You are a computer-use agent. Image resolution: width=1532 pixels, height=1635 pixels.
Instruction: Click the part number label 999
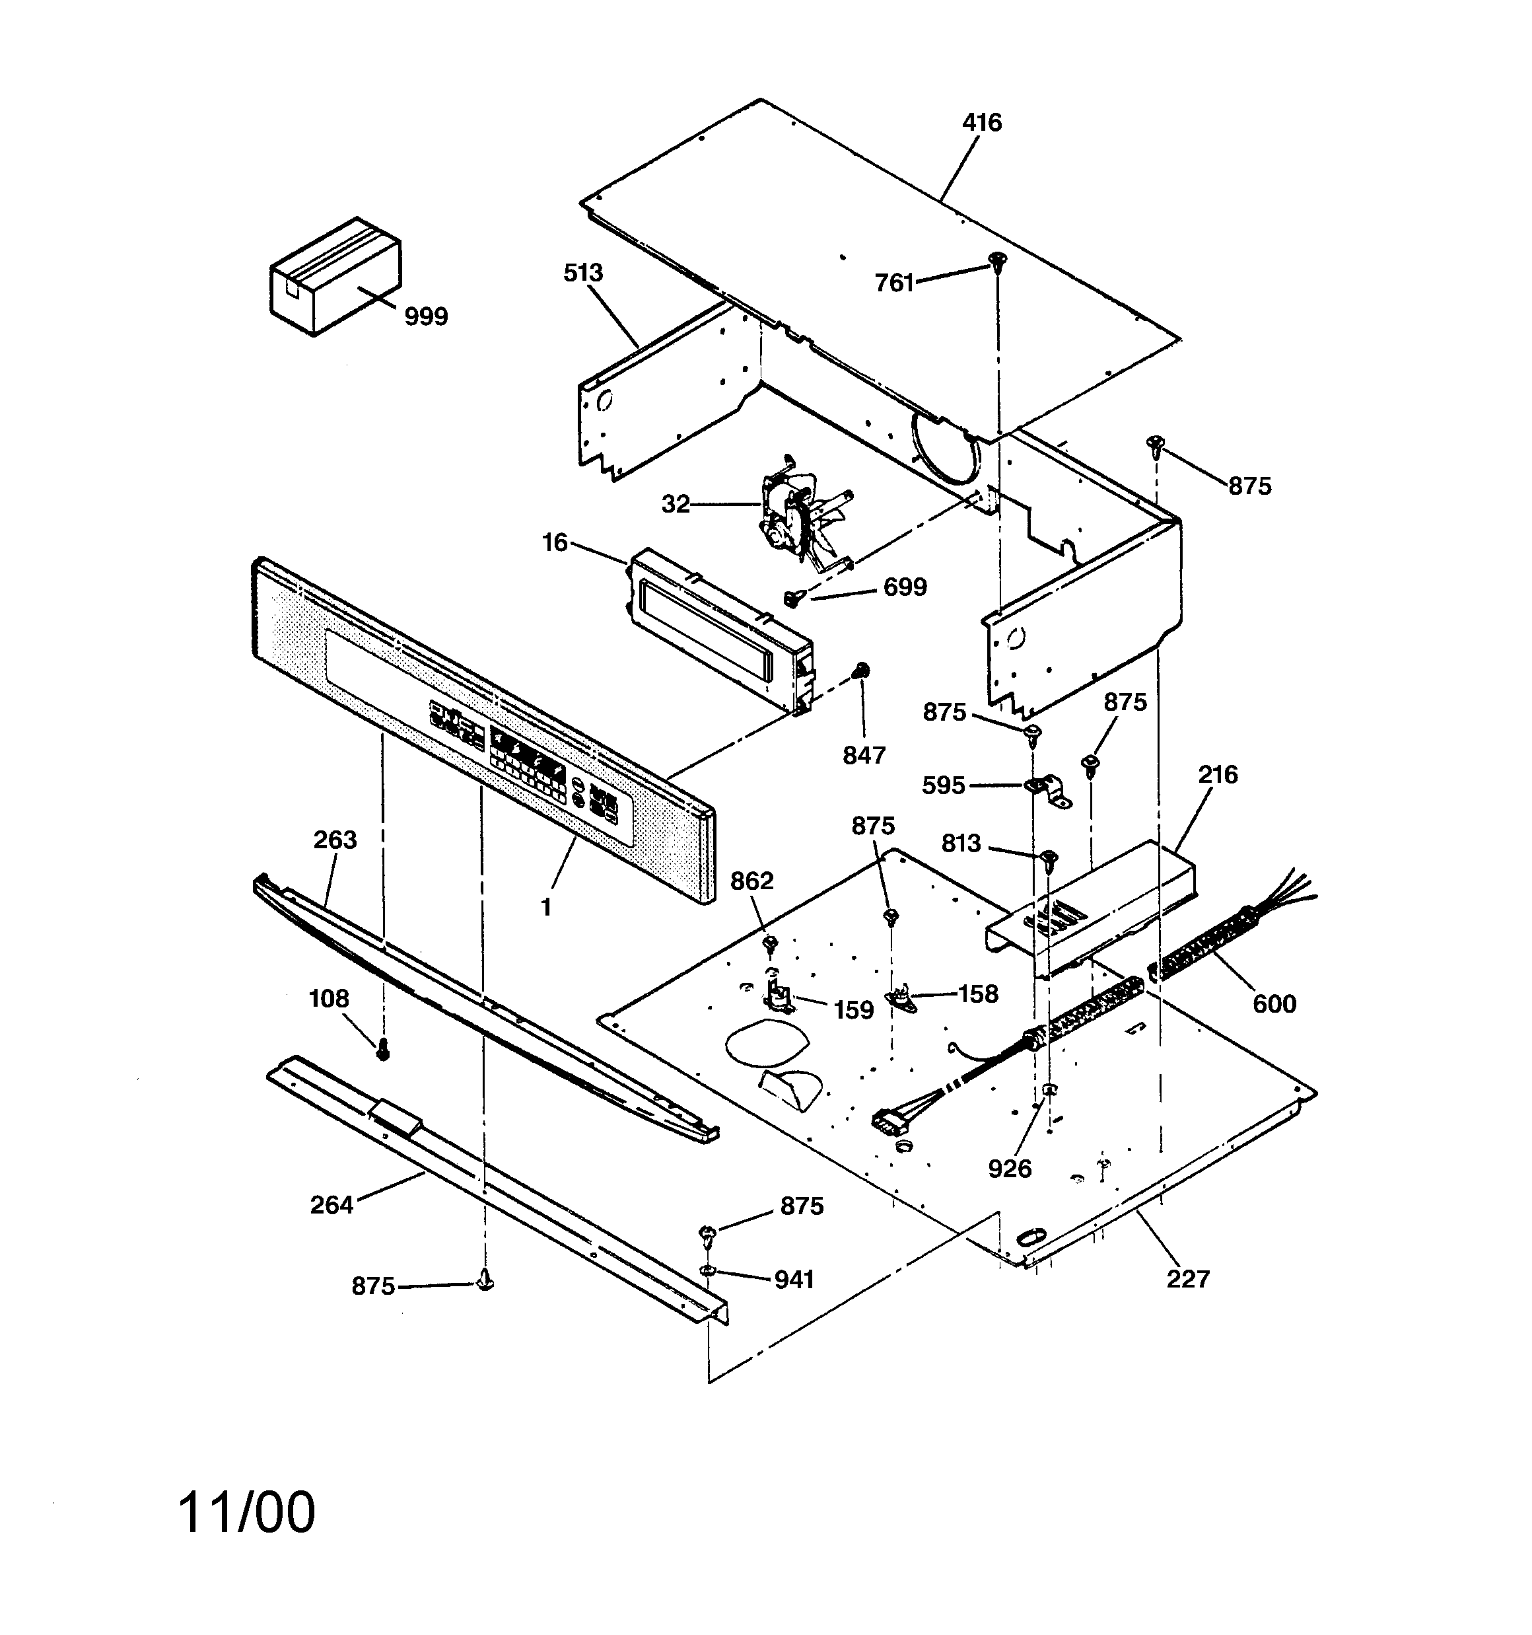click(425, 316)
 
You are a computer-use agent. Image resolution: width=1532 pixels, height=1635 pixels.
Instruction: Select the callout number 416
click(982, 124)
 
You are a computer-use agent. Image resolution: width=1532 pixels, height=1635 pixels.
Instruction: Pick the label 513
click(583, 273)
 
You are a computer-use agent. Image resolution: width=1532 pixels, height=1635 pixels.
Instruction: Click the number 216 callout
click(1217, 775)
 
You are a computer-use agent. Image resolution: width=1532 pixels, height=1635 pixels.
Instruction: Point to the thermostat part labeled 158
click(901, 998)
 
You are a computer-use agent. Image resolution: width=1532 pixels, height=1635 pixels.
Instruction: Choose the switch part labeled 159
click(777, 995)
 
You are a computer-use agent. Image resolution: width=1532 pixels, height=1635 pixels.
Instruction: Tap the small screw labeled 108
click(382, 1050)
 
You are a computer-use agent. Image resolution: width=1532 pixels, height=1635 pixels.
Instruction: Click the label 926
click(1009, 1169)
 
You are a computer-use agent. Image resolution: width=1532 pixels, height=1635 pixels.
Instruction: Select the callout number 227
click(1187, 1279)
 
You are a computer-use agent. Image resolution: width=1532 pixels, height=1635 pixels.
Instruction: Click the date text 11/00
click(247, 1512)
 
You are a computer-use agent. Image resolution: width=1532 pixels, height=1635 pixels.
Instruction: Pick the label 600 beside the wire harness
click(1274, 1003)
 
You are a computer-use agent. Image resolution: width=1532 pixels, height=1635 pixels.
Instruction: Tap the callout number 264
click(331, 1205)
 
